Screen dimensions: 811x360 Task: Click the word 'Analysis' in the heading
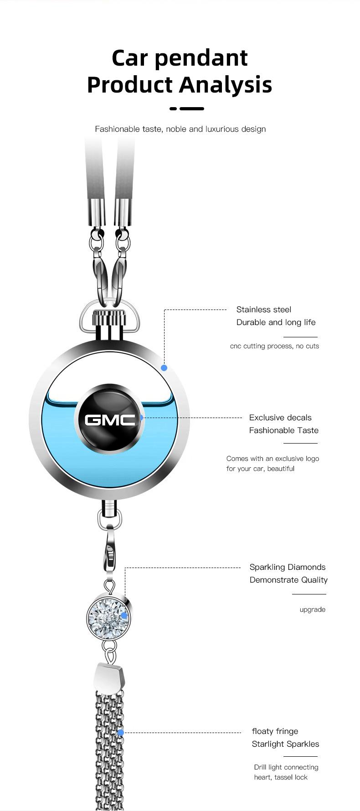click(226, 85)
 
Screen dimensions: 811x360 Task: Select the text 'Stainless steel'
click(263, 310)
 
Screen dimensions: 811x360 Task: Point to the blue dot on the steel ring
click(164, 367)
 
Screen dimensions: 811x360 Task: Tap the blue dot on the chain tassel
click(121, 733)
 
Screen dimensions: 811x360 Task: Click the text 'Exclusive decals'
click(280, 418)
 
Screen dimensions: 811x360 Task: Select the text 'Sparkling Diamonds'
click(287, 567)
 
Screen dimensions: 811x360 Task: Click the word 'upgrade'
click(312, 610)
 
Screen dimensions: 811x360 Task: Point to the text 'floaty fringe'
click(275, 731)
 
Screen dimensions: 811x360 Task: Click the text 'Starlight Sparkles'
click(285, 744)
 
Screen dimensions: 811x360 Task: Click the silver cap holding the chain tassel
click(108, 678)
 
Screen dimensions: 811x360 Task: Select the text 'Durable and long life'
click(276, 322)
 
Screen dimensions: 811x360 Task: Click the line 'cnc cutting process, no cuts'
click(274, 346)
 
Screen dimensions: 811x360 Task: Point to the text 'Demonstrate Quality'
click(288, 580)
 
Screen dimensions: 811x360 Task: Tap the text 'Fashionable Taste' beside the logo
click(283, 430)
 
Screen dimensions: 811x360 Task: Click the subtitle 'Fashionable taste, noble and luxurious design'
click(180, 129)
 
